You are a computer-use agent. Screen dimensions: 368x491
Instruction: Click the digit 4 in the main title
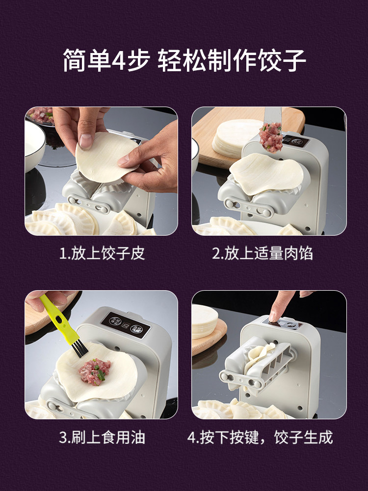(x=119, y=60)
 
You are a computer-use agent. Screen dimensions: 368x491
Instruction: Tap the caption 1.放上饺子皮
(x=102, y=253)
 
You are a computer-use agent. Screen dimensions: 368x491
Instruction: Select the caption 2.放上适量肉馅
(x=262, y=253)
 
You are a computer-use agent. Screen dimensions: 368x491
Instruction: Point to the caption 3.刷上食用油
(x=102, y=437)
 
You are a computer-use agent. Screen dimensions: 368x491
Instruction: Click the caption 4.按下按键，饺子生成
(x=260, y=437)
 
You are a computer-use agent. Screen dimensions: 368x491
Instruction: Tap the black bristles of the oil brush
(x=79, y=349)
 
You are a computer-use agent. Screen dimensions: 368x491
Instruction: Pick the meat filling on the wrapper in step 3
(x=95, y=372)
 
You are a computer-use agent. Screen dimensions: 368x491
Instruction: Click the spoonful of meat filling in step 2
(x=271, y=137)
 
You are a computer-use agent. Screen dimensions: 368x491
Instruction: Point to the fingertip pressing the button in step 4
(x=274, y=316)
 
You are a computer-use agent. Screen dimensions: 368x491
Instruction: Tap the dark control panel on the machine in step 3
(x=126, y=325)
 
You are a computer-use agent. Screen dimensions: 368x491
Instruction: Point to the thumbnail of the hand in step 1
(x=85, y=141)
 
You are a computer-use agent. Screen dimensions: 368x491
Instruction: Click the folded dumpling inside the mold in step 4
(x=259, y=357)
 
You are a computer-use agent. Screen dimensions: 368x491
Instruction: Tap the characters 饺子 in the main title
(x=281, y=60)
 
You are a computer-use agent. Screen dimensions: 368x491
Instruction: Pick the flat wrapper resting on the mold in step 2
(x=266, y=174)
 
